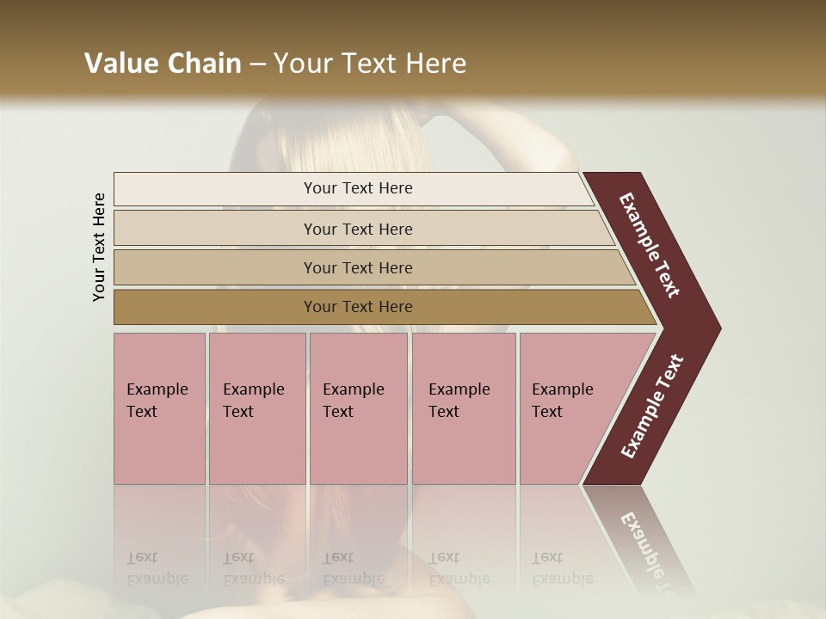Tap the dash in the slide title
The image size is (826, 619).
257,64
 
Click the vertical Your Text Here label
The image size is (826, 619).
100,247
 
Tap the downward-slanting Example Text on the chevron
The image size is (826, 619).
650,245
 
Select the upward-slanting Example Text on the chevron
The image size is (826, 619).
651,407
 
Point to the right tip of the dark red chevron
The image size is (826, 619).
718,328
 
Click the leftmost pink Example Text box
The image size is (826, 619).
159,408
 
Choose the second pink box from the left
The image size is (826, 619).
257,408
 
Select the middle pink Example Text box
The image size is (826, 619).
358,408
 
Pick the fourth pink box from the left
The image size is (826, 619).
464,408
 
